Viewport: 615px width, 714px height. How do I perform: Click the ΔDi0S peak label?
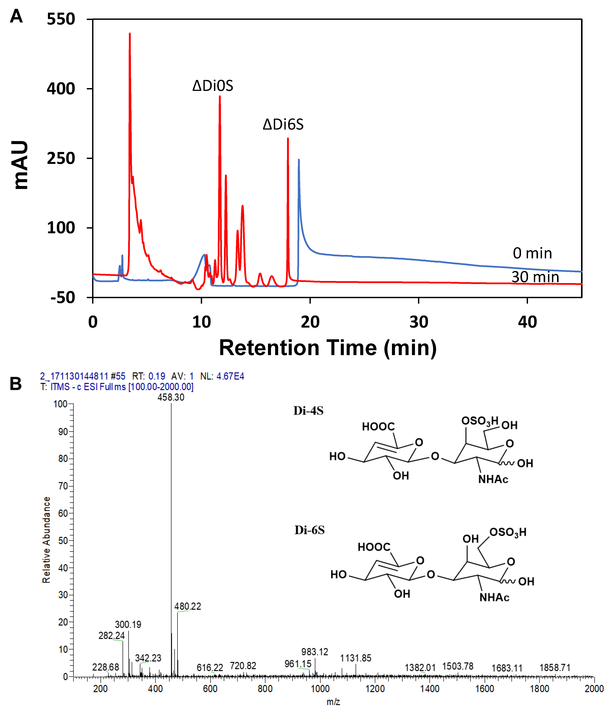[x=213, y=86]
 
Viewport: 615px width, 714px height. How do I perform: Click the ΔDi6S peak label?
[x=283, y=124]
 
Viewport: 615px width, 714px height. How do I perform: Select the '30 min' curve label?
[x=535, y=277]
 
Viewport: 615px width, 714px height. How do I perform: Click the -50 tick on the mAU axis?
[x=62, y=297]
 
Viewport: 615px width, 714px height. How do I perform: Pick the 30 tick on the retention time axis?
[x=419, y=322]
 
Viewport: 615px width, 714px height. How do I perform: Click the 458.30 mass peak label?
[x=171, y=397]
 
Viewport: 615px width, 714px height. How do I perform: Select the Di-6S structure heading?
[x=309, y=530]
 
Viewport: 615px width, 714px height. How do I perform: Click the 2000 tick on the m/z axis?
[x=594, y=689]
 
